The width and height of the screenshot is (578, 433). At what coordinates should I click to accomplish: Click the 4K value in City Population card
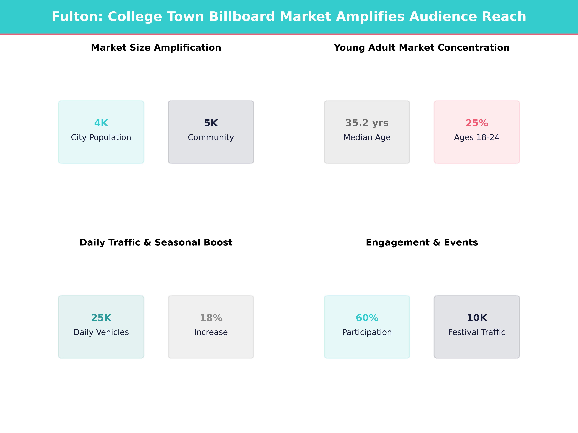coord(101,123)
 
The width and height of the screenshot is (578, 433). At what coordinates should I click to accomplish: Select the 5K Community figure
coord(211,123)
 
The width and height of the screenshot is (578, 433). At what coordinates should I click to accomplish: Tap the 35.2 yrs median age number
coord(367,123)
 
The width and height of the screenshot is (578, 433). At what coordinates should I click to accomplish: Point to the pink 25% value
coord(477,123)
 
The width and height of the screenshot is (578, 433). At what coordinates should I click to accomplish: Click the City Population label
coord(101,137)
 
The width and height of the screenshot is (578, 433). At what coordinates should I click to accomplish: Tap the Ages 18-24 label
coord(477,137)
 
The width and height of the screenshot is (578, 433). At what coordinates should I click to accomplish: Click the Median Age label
coord(367,137)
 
